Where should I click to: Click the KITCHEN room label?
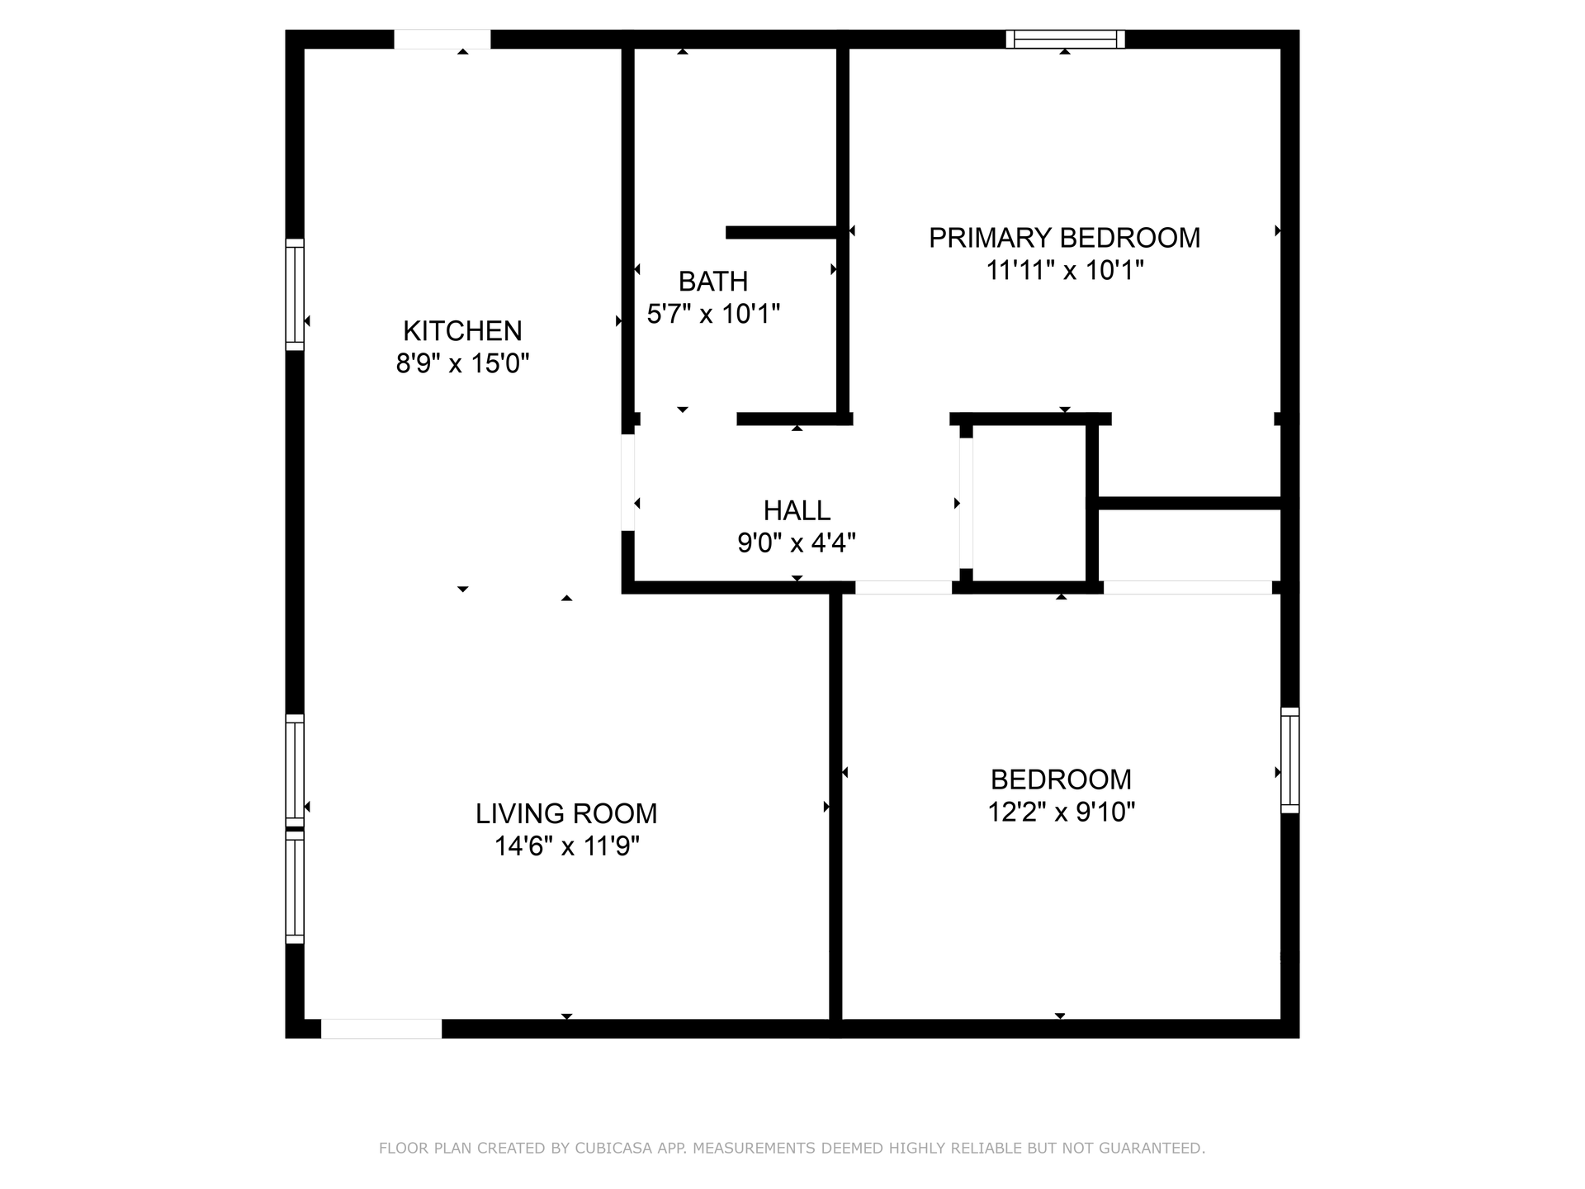pyautogui.click(x=462, y=331)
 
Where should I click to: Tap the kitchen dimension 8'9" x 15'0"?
pyautogui.click(x=462, y=363)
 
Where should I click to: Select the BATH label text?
pyautogui.click(x=713, y=282)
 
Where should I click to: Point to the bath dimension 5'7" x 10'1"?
pyautogui.click(x=713, y=314)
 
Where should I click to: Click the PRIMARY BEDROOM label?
pyautogui.click(x=1064, y=238)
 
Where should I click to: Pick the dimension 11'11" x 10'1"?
pyautogui.click(x=1064, y=270)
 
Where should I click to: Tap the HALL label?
pyautogui.click(x=797, y=510)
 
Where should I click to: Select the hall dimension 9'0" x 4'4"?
pyautogui.click(x=797, y=542)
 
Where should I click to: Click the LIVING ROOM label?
pyautogui.click(x=566, y=813)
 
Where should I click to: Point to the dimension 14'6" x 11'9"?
pyautogui.click(x=566, y=846)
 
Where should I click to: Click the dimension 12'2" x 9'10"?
pyautogui.click(x=1061, y=812)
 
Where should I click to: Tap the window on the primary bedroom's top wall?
pyautogui.click(x=1065, y=39)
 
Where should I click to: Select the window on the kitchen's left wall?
pyautogui.click(x=295, y=295)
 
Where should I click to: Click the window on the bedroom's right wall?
pyautogui.click(x=1289, y=760)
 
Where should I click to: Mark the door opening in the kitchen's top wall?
pyautogui.click(x=442, y=39)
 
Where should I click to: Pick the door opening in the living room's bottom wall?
pyautogui.click(x=381, y=1029)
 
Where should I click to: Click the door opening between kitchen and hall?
pyautogui.click(x=627, y=482)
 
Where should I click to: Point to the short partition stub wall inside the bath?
pyautogui.click(x=782, y=233)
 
